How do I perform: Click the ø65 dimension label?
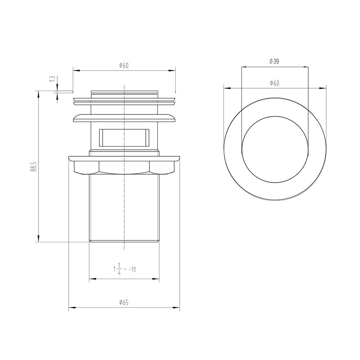[124, 303]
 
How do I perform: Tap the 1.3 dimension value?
[52, 79]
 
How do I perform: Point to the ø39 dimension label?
[274, 62]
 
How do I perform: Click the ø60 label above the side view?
[124, 66]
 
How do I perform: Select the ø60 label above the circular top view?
[274, 83]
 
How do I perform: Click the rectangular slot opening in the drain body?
[124, 137]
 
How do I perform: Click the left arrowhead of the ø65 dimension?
[71, 308]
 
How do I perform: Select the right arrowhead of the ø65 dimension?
[177, 308]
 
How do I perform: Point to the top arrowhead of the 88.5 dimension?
[38, 93]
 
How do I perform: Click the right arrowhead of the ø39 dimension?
[306, 67]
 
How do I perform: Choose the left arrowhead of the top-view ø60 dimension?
[226, 87]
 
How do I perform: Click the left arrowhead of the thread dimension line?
[91, 279]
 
